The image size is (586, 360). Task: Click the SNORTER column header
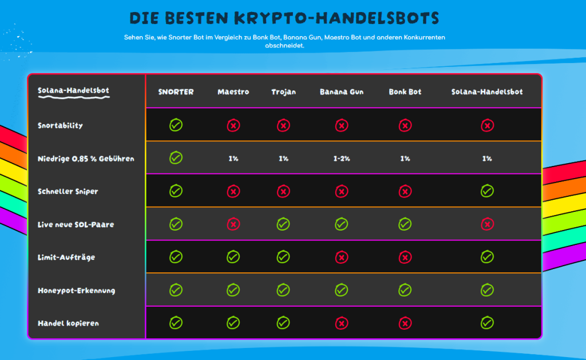[x=176, y=92]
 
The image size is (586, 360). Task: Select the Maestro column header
[x=233, y=92]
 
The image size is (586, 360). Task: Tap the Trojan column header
[x=283, y=92]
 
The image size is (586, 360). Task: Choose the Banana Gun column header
[x=341, y=92]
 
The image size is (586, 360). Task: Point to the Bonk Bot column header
[x=405, y=92]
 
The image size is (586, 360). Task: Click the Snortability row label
[x=60, y=125]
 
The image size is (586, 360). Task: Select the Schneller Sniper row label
[x=68, y=191]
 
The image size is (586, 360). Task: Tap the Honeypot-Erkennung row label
[x=76, y=290]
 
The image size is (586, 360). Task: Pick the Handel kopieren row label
[x=68, y=323]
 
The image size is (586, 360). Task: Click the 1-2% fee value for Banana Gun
[x=341, y=159]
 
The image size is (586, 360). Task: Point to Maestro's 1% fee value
[x=233, y=159]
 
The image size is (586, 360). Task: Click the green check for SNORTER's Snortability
[x=176, y=125]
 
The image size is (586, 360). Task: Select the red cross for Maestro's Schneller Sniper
[x=233, y=191]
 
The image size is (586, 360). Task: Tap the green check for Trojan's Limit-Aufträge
[x=283, y=257]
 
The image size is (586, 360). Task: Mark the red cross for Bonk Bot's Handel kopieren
[x=405, y=323]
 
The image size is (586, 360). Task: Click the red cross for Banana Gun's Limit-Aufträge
[x=341, y=257]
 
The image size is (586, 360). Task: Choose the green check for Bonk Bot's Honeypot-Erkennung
[x=405, y=290]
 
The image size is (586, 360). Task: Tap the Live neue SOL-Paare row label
[x=76, y=224]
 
